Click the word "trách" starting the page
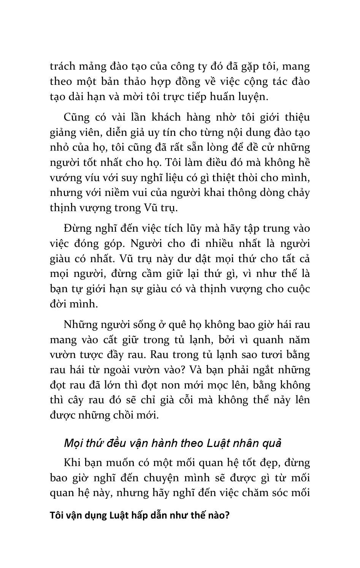click(x=62, y=67)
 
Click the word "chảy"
click(x=298, y=193)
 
